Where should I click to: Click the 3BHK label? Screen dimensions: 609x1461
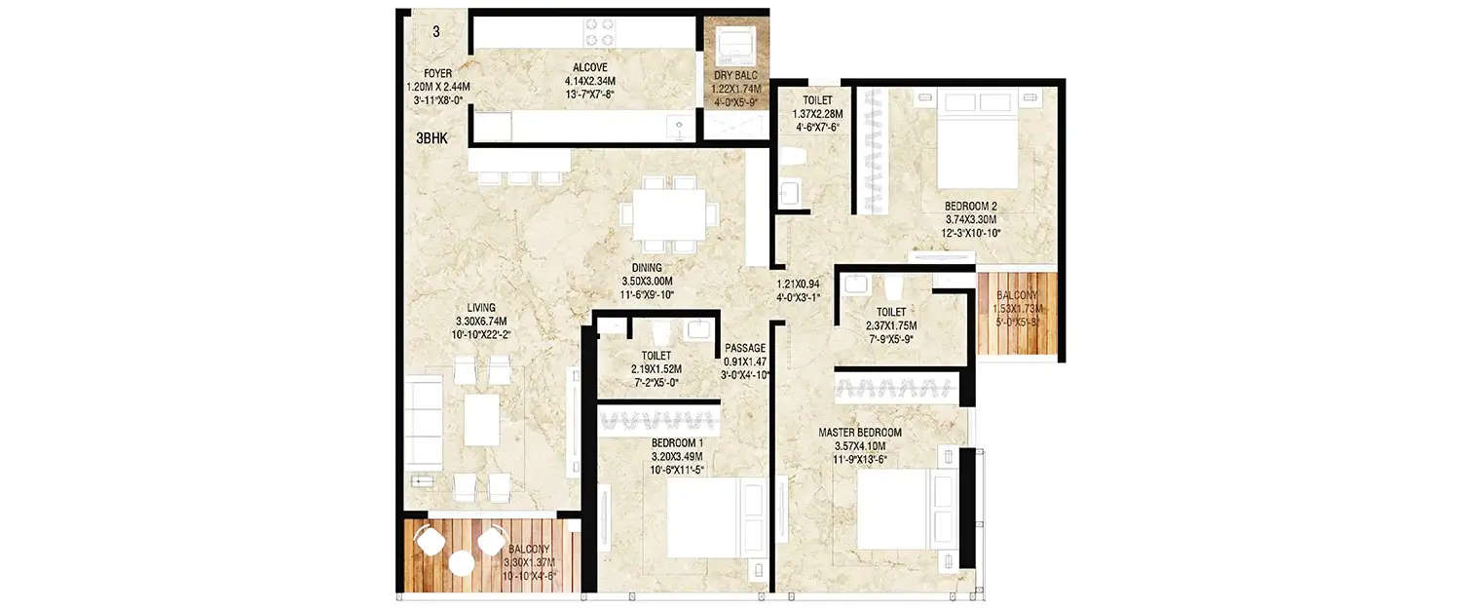(x=431, y=138)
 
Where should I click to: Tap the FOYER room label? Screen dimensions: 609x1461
(x=437, y=73)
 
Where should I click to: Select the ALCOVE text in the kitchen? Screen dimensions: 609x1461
(x=590, y=67)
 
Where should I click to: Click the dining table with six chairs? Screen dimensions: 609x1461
(x=672, y=213)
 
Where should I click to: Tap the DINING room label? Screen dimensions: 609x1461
(x=646, y=268)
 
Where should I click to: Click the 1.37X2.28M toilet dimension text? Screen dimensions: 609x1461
(x=816, y=113)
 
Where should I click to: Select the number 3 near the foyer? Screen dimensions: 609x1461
(x=435, y=31)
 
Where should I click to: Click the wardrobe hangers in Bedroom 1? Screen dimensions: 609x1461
(x=659, y=421)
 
